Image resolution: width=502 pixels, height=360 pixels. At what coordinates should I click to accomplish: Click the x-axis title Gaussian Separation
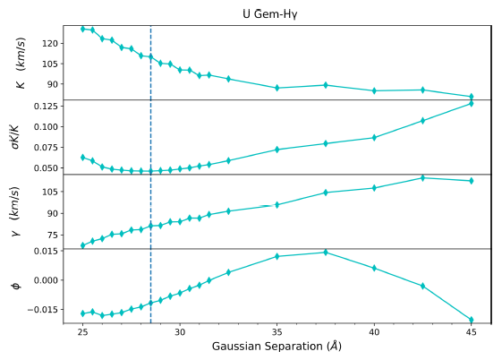coord(277,346)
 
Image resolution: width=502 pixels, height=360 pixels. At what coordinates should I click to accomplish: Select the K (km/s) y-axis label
coord(19,62)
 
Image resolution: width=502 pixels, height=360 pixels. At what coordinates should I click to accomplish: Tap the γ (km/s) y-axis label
coord(15,211)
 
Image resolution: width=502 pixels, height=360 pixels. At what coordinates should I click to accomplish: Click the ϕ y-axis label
coord(15,286)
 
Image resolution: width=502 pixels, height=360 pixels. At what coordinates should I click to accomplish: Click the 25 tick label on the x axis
coord(82,330)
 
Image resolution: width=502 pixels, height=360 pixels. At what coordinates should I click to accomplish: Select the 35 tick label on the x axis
coord(277,330)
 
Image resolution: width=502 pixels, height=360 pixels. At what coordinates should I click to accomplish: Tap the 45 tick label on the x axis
coord(472,330)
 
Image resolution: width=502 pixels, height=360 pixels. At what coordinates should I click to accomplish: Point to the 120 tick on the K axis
coord(49,43)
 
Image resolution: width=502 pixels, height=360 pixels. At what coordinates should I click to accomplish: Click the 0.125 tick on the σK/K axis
coord(46,106)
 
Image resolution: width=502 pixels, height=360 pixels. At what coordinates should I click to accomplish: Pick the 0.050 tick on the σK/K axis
coord(46,167)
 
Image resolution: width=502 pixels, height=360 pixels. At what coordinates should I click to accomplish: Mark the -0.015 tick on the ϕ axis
coord(44,310)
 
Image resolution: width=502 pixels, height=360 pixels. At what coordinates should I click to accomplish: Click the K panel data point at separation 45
coord(472,97)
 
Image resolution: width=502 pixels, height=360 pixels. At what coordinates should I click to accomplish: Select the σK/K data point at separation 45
coord(472,104)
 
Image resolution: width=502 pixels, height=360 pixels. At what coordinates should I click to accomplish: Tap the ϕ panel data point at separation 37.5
coord(326,253)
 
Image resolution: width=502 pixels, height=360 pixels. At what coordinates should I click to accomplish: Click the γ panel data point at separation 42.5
coord(422,177)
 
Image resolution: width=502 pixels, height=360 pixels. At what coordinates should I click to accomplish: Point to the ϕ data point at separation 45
coord(472,320)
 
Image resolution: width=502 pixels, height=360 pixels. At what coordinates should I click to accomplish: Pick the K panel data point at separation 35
coord(277,88)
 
